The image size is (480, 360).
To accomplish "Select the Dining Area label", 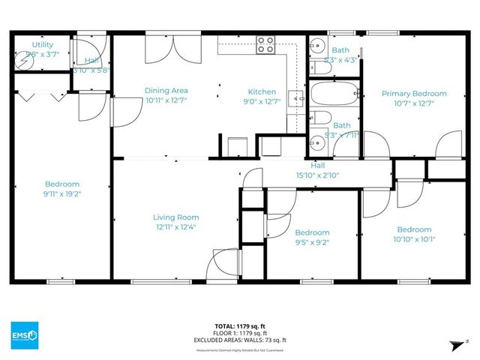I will pos(166,91).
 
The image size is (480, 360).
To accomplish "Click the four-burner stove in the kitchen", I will pos(265,45).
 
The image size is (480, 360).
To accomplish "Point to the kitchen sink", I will pos(296,98).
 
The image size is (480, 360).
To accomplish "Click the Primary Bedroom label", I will pos(414,94).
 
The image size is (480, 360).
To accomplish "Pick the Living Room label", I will pos(177,217).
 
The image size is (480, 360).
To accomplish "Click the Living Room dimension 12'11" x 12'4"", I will pos(177,227).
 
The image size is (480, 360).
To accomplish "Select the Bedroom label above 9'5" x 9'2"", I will pos(312,232).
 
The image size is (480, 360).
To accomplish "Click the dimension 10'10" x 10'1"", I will pos(414,239).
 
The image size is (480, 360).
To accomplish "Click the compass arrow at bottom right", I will pos(453,344).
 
